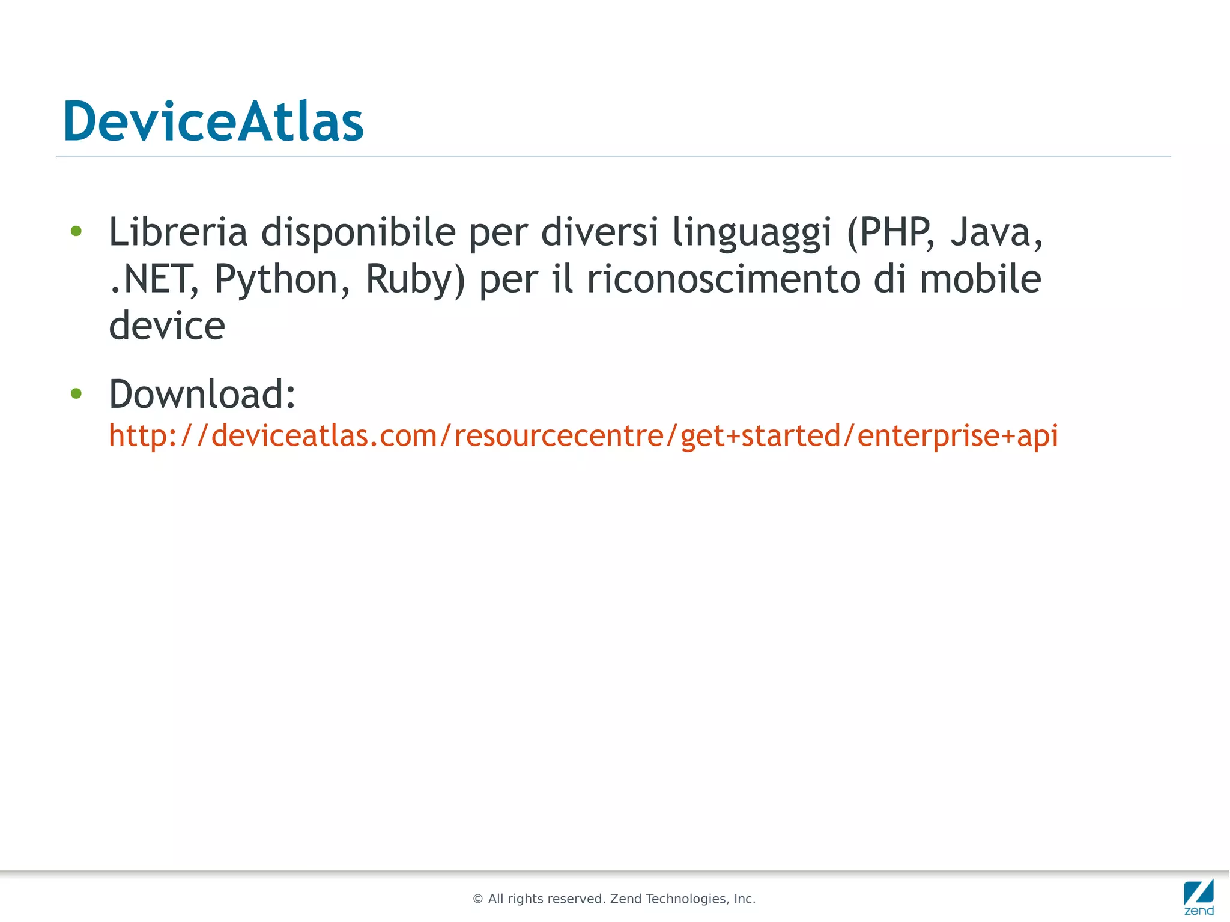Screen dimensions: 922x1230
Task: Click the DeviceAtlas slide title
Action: click(x=213, y=121)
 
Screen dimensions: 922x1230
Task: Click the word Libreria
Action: click(x=178, y=232)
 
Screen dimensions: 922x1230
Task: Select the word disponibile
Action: click(x=358, y=232)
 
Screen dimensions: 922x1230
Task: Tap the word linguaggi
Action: click(x=752, y=233)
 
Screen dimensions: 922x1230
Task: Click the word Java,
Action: click(x=996, y=232)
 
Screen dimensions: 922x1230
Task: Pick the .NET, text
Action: click(x=154, y=279)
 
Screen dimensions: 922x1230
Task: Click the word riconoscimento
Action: click(x=724, y=279)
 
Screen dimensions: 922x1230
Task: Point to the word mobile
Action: click(x=980, y=279)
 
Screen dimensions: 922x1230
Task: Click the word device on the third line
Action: click(x=167, y=326)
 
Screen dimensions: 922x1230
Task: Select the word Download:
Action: click(x=202, y=394)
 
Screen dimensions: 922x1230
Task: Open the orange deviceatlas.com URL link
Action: click(x=583, y=435)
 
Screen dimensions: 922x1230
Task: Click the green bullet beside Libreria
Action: click(x=76, y=231)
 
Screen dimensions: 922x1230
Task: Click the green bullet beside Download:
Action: click(x=76, y=393)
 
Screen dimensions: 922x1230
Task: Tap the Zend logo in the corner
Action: click(x=1199, y=896)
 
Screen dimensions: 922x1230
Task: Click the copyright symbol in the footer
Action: click(x=478, y=899)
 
